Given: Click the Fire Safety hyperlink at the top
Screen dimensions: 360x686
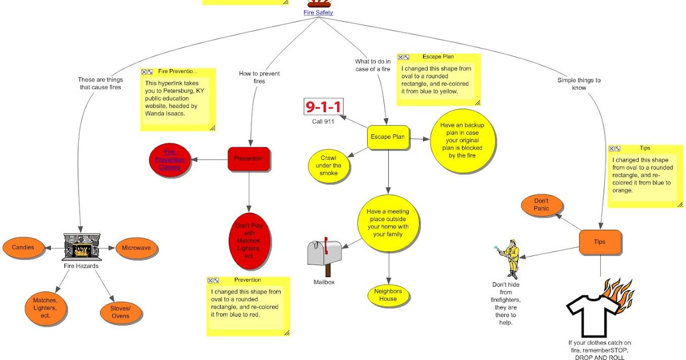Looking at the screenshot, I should (x=318, y=12).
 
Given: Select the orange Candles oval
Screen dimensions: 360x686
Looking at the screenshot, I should (x=23, y=247).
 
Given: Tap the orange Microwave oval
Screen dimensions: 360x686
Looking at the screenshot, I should (x=137, y=249).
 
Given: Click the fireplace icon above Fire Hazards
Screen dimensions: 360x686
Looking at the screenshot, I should (x=82, y=247).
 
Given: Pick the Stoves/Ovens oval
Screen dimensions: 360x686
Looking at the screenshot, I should (x=121, y=312).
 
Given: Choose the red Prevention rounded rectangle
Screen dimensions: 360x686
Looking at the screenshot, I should (x=249, y=159).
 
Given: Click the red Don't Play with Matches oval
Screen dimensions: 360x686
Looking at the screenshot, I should (x=249, y=241).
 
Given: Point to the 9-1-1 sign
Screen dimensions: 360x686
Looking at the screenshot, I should (x=323, y=107).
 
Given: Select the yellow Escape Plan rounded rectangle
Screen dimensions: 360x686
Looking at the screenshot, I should (x=388, y=138).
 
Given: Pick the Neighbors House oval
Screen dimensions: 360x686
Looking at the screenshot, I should (x=388, y=295).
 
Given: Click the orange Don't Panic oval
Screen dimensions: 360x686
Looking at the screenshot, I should (x=541, y=205).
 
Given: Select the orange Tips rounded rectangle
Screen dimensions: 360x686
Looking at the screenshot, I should (x=600, y=242).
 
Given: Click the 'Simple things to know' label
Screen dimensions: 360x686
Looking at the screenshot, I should (x=579, y=84).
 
